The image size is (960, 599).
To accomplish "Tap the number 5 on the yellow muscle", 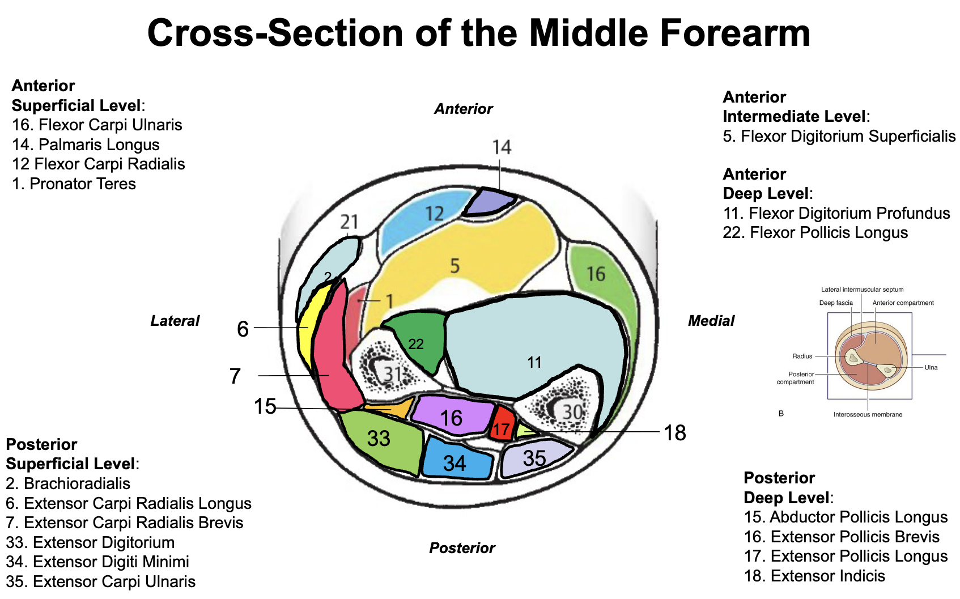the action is [x=454, y=266].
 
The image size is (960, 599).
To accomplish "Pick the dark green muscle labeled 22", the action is [x=418, y=341].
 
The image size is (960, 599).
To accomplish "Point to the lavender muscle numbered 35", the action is [x=535, y=457].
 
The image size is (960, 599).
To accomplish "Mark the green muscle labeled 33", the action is [x=381, y=441].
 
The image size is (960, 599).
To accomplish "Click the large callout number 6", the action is [x=243, y=329].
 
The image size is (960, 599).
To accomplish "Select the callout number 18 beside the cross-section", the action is [x=674, y=433].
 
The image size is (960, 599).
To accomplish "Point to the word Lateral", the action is [x=175, y=321].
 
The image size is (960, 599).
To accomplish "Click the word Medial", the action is [x=711, y=321].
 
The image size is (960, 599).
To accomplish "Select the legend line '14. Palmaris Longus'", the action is [x=86, y=145].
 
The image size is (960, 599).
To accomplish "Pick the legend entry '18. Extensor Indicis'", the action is [x=814, y=576].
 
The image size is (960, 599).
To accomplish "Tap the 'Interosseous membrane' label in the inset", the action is [x=868, y=414].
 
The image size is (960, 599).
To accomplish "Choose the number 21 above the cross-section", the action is [x=349, y=222].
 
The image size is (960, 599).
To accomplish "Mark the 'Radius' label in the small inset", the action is [x=802, y=356].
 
